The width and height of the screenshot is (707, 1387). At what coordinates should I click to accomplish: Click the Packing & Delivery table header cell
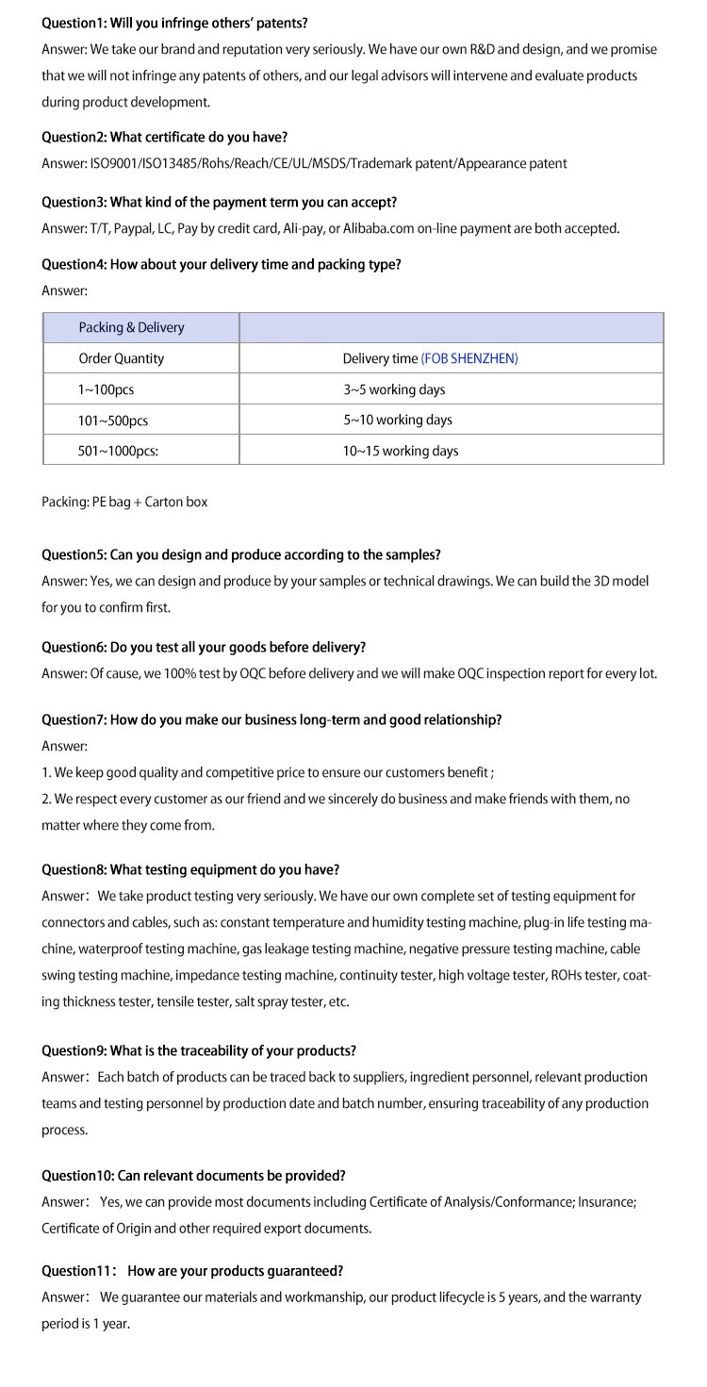point(131,327)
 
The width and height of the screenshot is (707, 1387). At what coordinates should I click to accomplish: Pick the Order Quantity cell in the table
point(121,358)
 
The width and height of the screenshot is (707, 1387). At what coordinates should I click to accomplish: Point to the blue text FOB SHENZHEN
point(469,358)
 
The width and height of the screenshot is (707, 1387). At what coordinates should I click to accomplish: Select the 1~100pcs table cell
point(99,389)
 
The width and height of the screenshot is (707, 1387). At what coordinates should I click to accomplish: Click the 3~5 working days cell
point(394,389)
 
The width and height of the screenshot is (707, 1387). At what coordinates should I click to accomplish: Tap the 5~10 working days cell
point(398,420)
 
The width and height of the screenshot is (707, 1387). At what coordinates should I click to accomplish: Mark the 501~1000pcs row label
point(118,451)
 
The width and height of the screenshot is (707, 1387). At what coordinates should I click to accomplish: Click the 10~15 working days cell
point(401,451)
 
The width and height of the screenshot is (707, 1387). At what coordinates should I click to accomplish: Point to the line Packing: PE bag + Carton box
point(124,503)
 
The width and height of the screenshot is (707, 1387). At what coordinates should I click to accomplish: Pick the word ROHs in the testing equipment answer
point(567,975)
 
